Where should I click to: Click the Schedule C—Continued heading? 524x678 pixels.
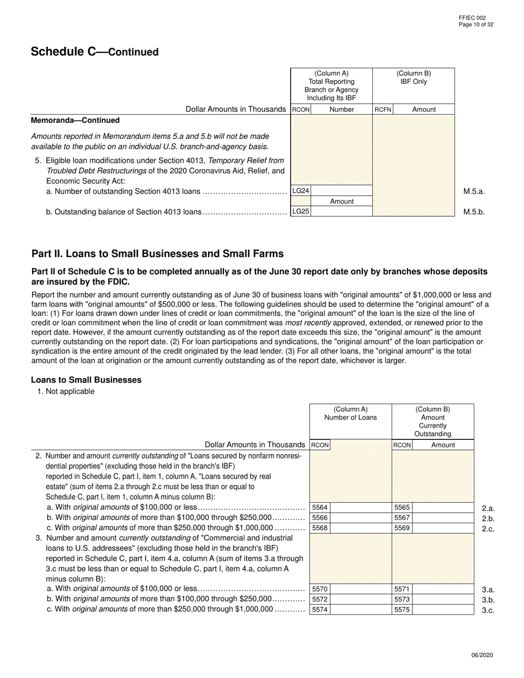[94, 52]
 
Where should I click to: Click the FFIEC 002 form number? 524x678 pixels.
[472, 18]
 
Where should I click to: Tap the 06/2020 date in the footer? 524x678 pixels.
[483, 655]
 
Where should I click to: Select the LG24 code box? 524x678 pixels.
[301, 191]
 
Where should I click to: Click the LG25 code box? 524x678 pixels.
[301, 211]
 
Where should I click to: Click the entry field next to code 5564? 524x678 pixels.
[360, 508]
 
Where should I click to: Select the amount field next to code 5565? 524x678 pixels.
[443, 508]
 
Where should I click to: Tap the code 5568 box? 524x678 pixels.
[319, 528]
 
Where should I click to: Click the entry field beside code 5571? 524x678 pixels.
[443, 589]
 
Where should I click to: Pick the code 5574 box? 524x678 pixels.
[319, 610]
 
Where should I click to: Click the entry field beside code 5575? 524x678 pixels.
[443, 610]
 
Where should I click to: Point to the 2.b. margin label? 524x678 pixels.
[488, 519]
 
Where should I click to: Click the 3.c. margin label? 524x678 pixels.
[488, 610]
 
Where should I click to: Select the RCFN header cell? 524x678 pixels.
[383, 110]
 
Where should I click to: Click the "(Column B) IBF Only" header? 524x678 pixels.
[413, 78]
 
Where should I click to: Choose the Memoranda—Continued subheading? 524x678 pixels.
[75, 120]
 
